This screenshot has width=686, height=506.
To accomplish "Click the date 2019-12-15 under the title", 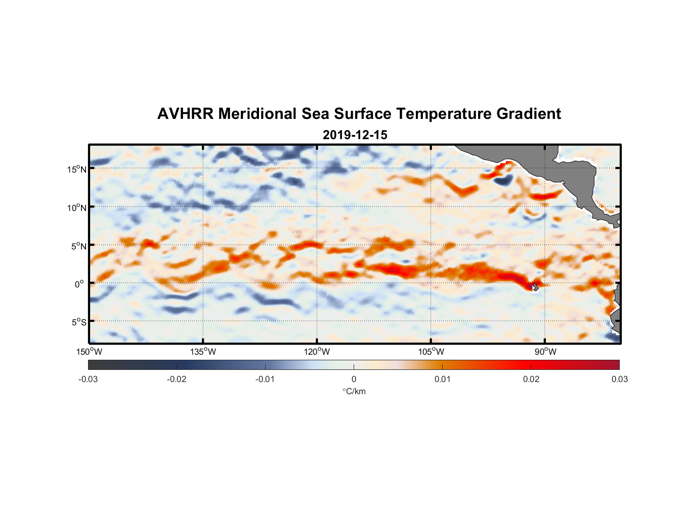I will [x=355, y=135].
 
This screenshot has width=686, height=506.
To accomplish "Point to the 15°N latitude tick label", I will [x=77, y=169].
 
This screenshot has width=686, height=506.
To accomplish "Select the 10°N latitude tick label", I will [x=77, y=207].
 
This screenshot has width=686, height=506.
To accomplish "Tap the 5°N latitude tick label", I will [x=78, y=246].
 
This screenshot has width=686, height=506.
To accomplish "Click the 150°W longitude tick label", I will [x=89, y=352].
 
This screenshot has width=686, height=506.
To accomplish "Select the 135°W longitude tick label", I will [x=203, y=352].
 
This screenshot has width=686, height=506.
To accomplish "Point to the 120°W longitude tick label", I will [x=317, y=352].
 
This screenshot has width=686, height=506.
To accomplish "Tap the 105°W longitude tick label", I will [x=431, y=352].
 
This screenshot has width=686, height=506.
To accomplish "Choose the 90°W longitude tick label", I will [x=545, y=352].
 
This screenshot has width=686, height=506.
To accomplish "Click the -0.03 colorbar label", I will [x=88, y=379].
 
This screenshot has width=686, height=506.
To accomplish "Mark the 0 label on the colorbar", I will [x=354, y=379].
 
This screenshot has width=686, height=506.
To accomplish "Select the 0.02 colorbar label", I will [x=531, y=379].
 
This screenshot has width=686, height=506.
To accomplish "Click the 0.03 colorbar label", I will [x=619, y=379].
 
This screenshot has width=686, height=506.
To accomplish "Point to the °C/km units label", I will [x=354, y=391].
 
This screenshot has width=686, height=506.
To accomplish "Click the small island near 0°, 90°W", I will [x=535, y=286].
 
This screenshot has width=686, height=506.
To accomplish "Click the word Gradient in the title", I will [x=529, y=114].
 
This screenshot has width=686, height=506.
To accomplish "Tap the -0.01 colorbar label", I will [x=265, y=379].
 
